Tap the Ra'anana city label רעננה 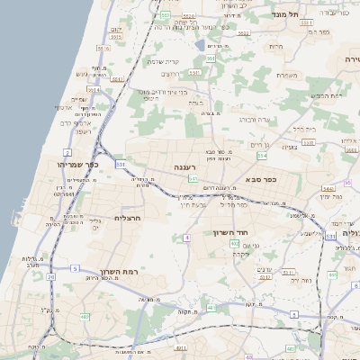coord(184,167)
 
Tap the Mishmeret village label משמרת coord(287,75)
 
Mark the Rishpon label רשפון coord(80,131)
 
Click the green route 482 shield coord(85,317)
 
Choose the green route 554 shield coord(261,156)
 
